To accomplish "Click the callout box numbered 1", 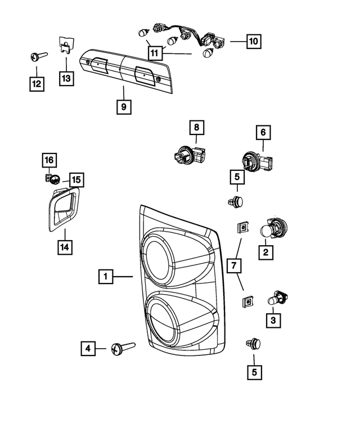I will (105, 276).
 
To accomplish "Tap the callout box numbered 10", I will (253, 42).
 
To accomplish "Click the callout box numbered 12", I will (37, 84).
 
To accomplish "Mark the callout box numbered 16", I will (49, 160).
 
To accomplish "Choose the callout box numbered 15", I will (75, 180).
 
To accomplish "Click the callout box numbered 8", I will (196, 128).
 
